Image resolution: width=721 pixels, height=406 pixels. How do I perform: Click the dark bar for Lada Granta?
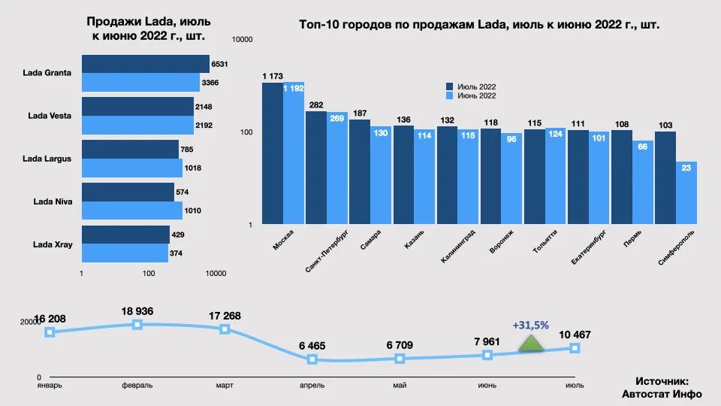pos(145,64)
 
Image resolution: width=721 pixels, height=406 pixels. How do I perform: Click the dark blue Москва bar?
pos(272,153)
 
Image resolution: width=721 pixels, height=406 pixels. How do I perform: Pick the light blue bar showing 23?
pos(686,192)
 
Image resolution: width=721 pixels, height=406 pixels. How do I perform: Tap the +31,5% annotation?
pos(531,325)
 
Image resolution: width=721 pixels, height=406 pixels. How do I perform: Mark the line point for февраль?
pos(137,324)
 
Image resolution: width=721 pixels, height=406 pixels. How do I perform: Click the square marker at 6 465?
pos(312,359)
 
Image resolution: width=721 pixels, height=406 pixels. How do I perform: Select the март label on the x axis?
pos(224,385)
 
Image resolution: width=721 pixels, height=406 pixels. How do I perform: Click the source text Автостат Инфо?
pos(662,393)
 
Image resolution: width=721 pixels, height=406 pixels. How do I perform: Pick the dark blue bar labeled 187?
pos(359,171)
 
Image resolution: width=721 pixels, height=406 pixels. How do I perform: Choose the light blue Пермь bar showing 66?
pos(643,183)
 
